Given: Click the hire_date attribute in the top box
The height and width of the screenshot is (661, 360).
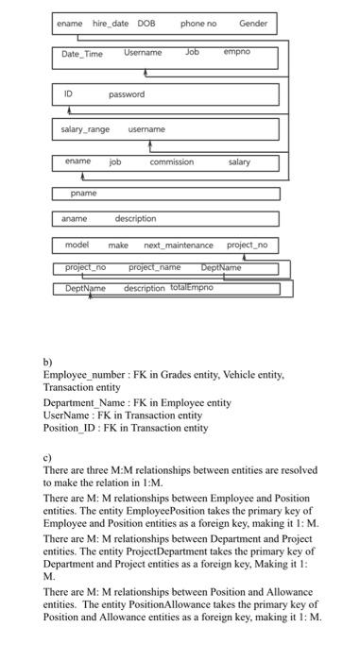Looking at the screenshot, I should click(109, 23).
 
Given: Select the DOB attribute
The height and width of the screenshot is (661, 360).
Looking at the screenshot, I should click(146, 23).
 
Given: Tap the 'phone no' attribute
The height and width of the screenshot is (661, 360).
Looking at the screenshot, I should click(198, 23).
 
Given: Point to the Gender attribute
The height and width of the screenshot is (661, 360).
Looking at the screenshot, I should click(252, 23).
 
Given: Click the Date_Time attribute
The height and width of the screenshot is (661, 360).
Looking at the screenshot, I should click(82, 54).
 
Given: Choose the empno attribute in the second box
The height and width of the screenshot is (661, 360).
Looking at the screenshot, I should click(236, 52).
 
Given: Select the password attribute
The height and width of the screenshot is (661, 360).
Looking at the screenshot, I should click(127, 94).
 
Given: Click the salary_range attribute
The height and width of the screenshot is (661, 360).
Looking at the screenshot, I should click(85, 129).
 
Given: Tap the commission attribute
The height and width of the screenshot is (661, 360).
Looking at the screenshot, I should click(171, 162).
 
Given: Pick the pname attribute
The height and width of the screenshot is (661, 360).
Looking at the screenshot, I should click(83, 193).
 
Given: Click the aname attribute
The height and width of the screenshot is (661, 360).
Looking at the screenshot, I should click(75, 219).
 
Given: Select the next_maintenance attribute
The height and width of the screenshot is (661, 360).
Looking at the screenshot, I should click(178, 246).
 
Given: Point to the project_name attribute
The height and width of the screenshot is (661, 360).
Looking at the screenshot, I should click(154, 268).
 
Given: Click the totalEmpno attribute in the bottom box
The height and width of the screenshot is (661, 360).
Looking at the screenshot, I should click(191, 288).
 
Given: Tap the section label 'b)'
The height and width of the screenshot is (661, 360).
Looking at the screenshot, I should click(48, 362).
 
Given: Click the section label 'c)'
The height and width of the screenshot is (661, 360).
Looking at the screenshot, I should click(48, 457).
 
